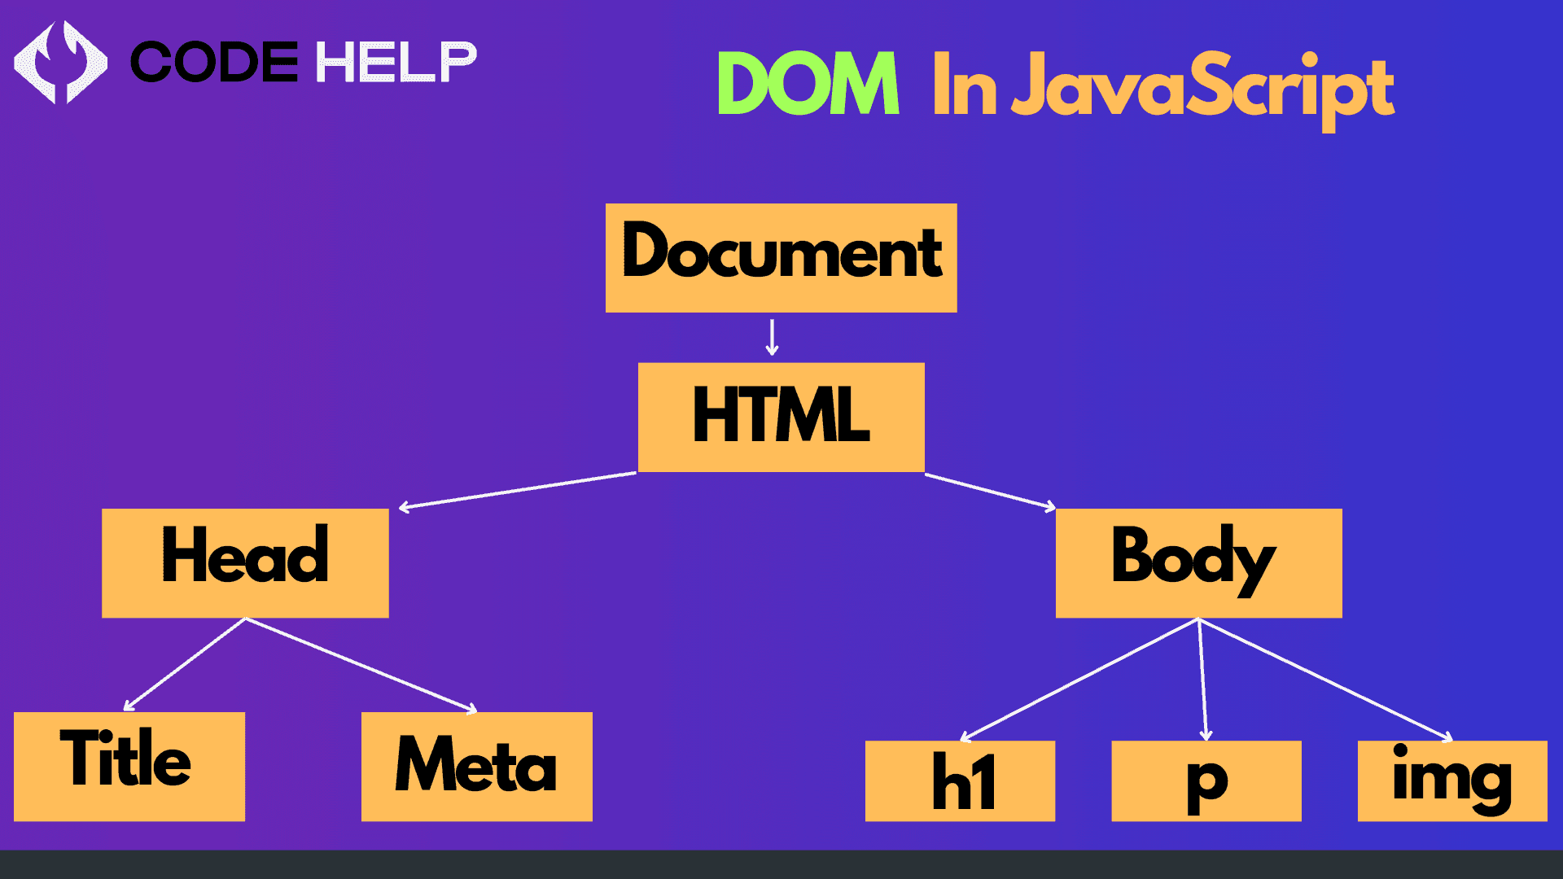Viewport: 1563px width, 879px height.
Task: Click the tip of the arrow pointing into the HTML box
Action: click(x=772, y=356)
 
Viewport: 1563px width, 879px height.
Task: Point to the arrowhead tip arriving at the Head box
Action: click(x=399, y=509)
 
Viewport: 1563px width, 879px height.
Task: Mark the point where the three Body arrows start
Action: click(x=1198, y=619)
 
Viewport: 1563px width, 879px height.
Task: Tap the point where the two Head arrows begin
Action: click(x=245, y=619)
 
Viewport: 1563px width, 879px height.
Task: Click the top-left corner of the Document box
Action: click(x=606, y=203)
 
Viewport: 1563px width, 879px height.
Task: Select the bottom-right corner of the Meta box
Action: click(x=593, y=821)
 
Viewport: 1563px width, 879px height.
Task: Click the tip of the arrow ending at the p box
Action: click(x=1206, y=741)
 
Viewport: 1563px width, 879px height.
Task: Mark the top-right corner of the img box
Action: click(x=1548, y=741)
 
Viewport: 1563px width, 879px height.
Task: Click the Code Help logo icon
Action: click(x=60, y=63)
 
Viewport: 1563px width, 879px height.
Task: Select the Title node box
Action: click(x=129, y=767)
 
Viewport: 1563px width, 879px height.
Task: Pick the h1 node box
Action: click(x=960, y=781)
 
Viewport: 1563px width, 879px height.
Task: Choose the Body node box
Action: click(x=1199, y=563)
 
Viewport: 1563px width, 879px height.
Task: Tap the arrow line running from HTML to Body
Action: click(x=990, y=491)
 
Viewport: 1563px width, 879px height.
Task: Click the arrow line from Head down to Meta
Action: click(x=361, y=665)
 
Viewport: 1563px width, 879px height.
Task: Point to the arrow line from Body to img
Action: click(x=1325, y=680)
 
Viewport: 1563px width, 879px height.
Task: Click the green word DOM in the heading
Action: click(x=808, y=83)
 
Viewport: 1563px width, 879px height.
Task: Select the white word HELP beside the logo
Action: click(x=396, y=63)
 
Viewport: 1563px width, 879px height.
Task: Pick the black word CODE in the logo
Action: click(x=215, y=63)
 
